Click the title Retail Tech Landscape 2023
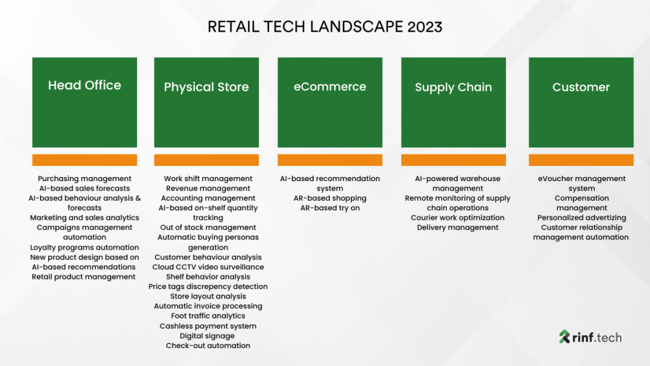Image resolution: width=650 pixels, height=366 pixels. click(325, 27)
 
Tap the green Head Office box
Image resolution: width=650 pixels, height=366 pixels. click(84, 102)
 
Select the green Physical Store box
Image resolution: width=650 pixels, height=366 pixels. click(206, 102)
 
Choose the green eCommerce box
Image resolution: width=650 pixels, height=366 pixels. click(329, 102)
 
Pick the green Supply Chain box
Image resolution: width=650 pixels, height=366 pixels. click(453, 102)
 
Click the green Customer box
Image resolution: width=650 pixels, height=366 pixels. click(581, 102)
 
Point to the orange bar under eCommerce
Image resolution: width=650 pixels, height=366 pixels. click(329, 160)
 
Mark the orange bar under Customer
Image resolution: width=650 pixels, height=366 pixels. click(581, 160)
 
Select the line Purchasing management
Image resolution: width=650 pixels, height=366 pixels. click(84, 179)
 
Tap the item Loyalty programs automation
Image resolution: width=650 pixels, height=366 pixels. click(84, 247)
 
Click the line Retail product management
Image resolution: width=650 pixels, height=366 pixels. click(84, 276)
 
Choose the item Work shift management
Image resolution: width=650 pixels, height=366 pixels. click(208, 179)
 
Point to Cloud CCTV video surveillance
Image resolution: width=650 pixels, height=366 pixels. click(208, 267)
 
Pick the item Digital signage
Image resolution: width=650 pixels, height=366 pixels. click(207, 335)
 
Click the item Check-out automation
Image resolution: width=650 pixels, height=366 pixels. click(208, 346)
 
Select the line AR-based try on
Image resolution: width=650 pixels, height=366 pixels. click(329, 208)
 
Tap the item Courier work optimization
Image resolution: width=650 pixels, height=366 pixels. click(458, 217)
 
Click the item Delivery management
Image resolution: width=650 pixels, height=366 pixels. click(458, 227)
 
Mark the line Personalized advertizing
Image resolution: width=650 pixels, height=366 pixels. click(581, 217)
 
